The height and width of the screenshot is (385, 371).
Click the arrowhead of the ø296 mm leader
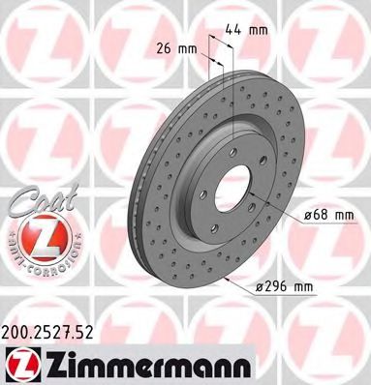(226, 278)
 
